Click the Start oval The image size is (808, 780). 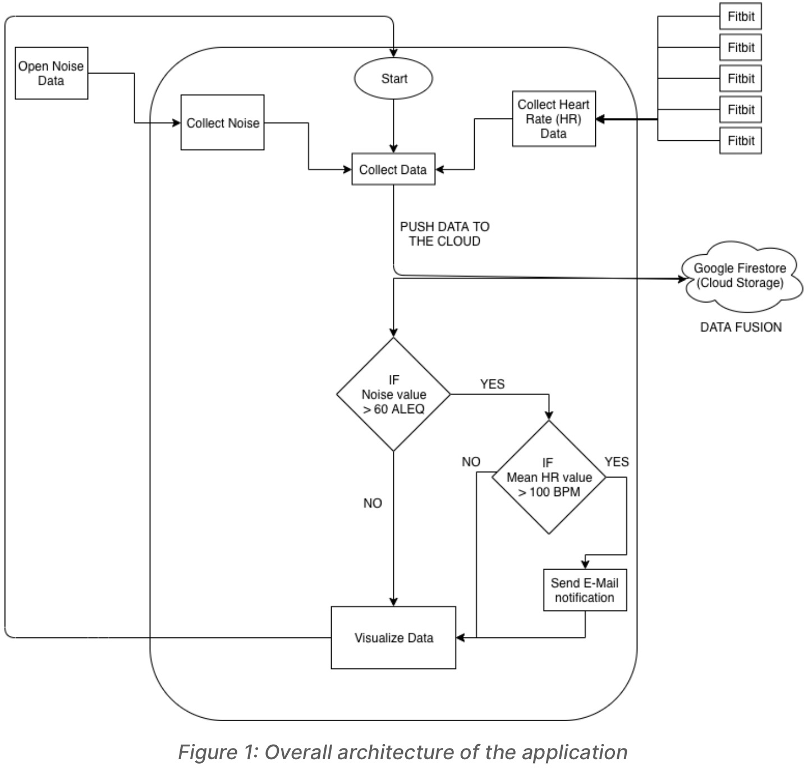[x=393, y=79]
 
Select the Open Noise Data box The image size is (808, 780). [x=51, y=73]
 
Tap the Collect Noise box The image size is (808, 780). [x=222, y=123]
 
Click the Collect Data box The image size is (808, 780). [x=393, y=169]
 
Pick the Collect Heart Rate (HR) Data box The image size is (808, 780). [x=553, y=119]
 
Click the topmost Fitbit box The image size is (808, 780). [x=741, y=16]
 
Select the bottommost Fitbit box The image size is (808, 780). [x=741, y=141]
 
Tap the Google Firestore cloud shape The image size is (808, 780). [x=740, y=276]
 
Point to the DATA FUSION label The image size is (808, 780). [x=741, y=327]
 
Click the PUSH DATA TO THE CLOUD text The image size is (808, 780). [x=444, y=234]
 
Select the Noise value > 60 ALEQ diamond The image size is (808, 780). [x=393, y=394]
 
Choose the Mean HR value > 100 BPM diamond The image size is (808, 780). [x=549, y=478]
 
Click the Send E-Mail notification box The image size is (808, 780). [x=585, y=590]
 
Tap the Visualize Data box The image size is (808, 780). [x=393, y=637]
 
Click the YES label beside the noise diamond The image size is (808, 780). [x=492, y=384]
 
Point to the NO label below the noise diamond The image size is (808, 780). [x=373, y=503]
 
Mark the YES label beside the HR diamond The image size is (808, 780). [x=617, y=462]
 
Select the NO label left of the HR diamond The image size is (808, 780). [x=471, y=462]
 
